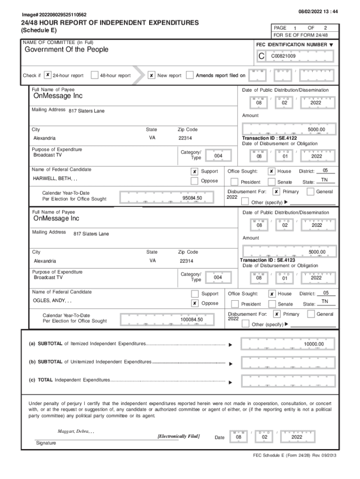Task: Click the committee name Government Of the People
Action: click(66, 50)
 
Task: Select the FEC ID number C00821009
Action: click(283, 56)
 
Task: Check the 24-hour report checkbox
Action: click(48, 75)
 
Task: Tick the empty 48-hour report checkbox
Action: click(94, 75)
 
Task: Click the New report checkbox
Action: click(151, 75)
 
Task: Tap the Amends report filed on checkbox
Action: click(190, 75)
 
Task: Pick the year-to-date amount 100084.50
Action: click(192, 319)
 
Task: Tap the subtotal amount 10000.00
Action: click(313, 344)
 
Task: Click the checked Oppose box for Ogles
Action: click(194, 303)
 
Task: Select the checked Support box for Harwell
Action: click(194, 172)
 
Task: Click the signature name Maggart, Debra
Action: click(76, 431)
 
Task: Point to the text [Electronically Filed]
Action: click(179, 436)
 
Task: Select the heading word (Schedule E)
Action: click(40, 31)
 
